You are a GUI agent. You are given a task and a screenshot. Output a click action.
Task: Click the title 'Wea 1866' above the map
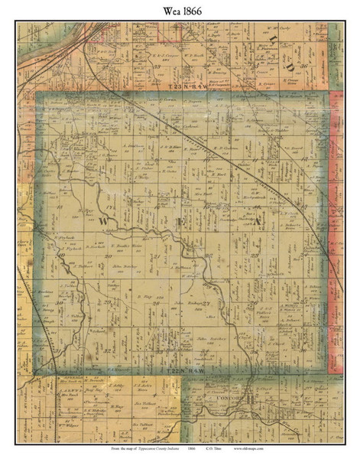pos(180,11)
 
